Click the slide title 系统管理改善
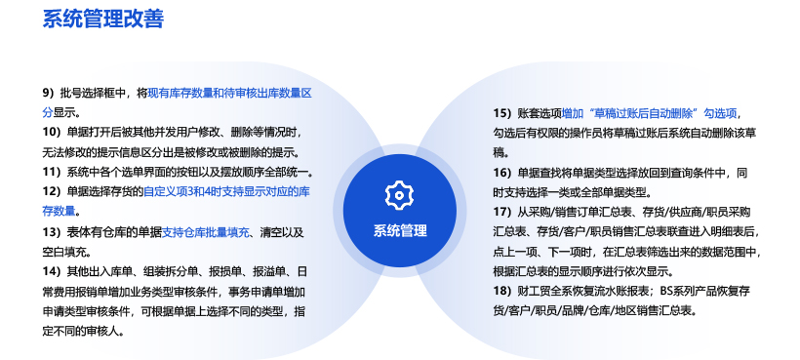103,19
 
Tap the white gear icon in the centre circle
399,195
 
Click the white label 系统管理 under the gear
400,231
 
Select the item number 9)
48,94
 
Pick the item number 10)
52,132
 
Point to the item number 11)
52,172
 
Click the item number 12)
52,192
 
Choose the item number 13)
52,232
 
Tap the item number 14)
52,270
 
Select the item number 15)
502,113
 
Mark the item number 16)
502,173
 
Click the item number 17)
502,212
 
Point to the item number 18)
502,291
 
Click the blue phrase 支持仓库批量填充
206,232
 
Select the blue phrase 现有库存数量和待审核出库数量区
229,94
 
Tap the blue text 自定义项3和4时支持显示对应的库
226,192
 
